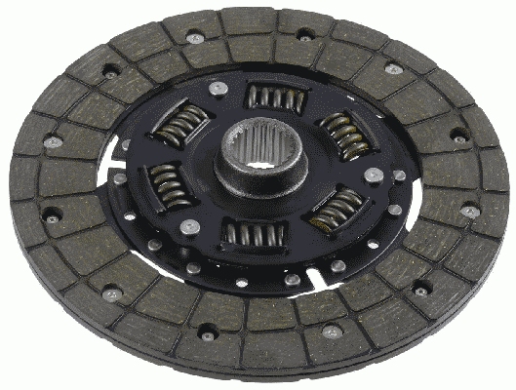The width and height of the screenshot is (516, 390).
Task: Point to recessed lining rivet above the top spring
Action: pos(305,36)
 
